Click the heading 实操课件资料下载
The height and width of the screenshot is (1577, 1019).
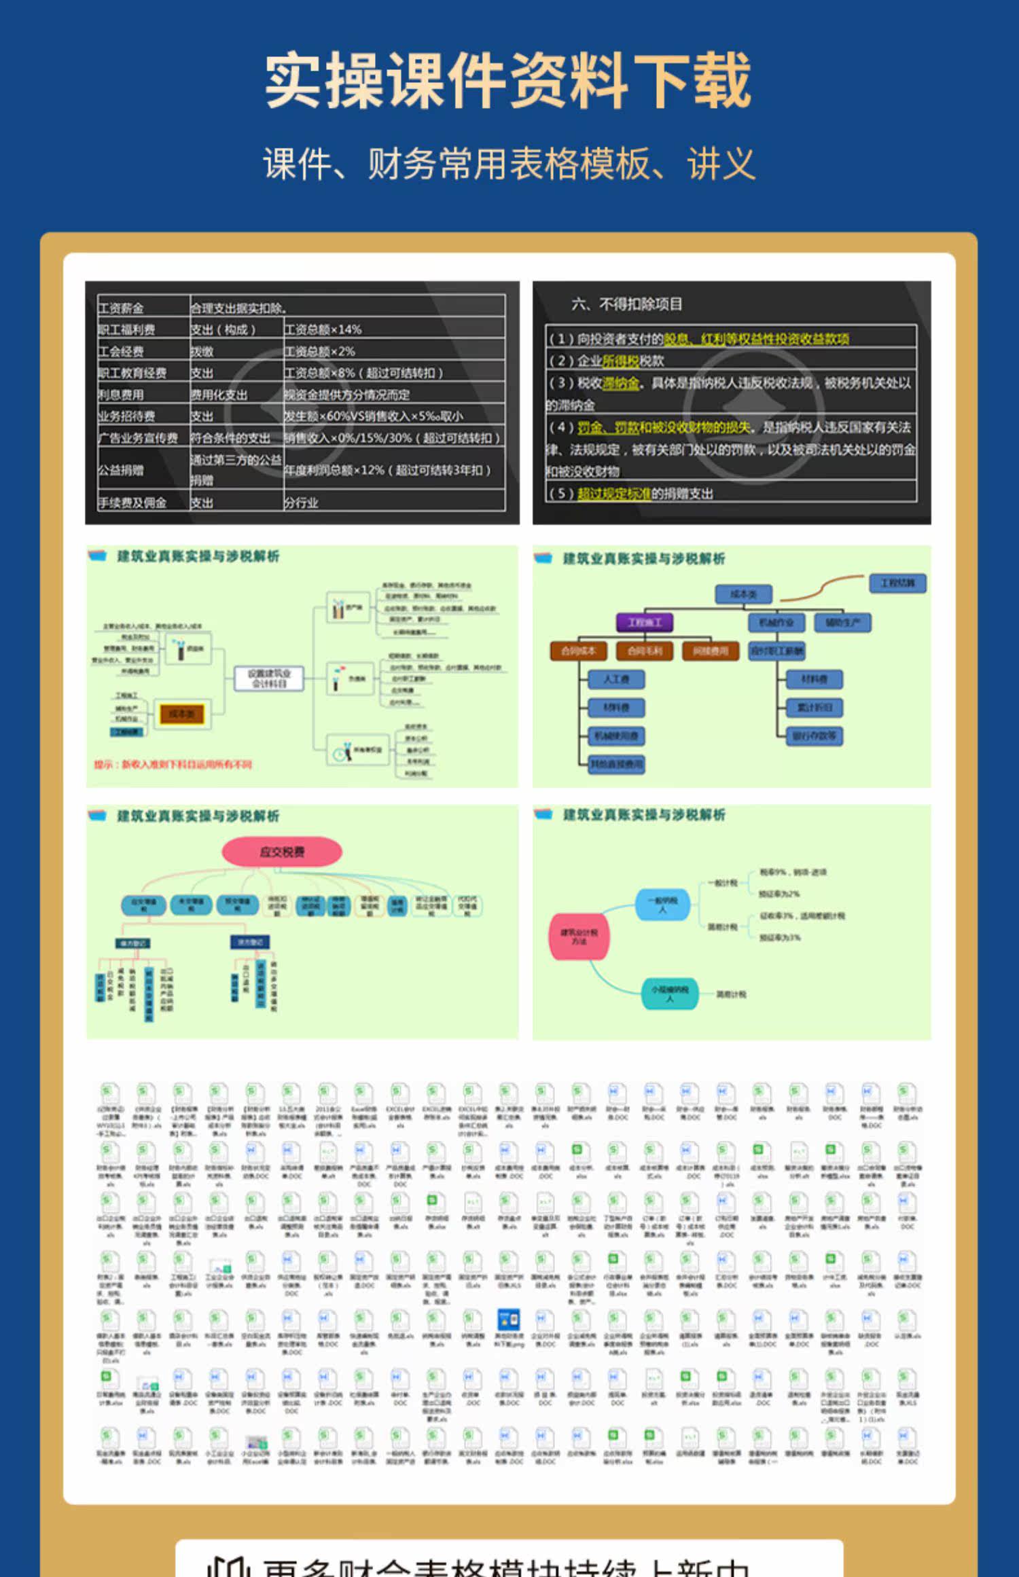point(508,80)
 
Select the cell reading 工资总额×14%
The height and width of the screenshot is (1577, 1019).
point(323,329)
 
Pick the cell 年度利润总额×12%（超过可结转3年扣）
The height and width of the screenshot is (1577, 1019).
point(387,470)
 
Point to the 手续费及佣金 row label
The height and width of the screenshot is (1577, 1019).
point(132,503)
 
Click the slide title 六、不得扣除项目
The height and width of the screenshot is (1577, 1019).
point(626,304)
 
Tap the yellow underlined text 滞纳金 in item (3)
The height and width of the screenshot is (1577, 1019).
point(621,383)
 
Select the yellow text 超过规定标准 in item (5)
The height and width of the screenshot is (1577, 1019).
point(614,493)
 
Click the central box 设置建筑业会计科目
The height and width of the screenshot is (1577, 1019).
point(269,678)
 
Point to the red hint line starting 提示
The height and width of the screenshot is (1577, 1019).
point(173,765)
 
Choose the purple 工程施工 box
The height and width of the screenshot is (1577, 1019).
point(645,622)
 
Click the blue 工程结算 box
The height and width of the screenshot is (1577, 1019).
point(898,583)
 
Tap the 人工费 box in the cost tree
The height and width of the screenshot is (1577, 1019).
point(616,679)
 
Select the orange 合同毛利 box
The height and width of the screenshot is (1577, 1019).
point(645,651)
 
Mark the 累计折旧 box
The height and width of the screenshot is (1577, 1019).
point(814,708)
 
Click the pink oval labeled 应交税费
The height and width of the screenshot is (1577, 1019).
point(282,852)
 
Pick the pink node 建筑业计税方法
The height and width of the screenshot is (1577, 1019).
point(579,937)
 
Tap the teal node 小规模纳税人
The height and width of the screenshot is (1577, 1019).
point(670,994)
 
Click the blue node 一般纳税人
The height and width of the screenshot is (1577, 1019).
point(662,904)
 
